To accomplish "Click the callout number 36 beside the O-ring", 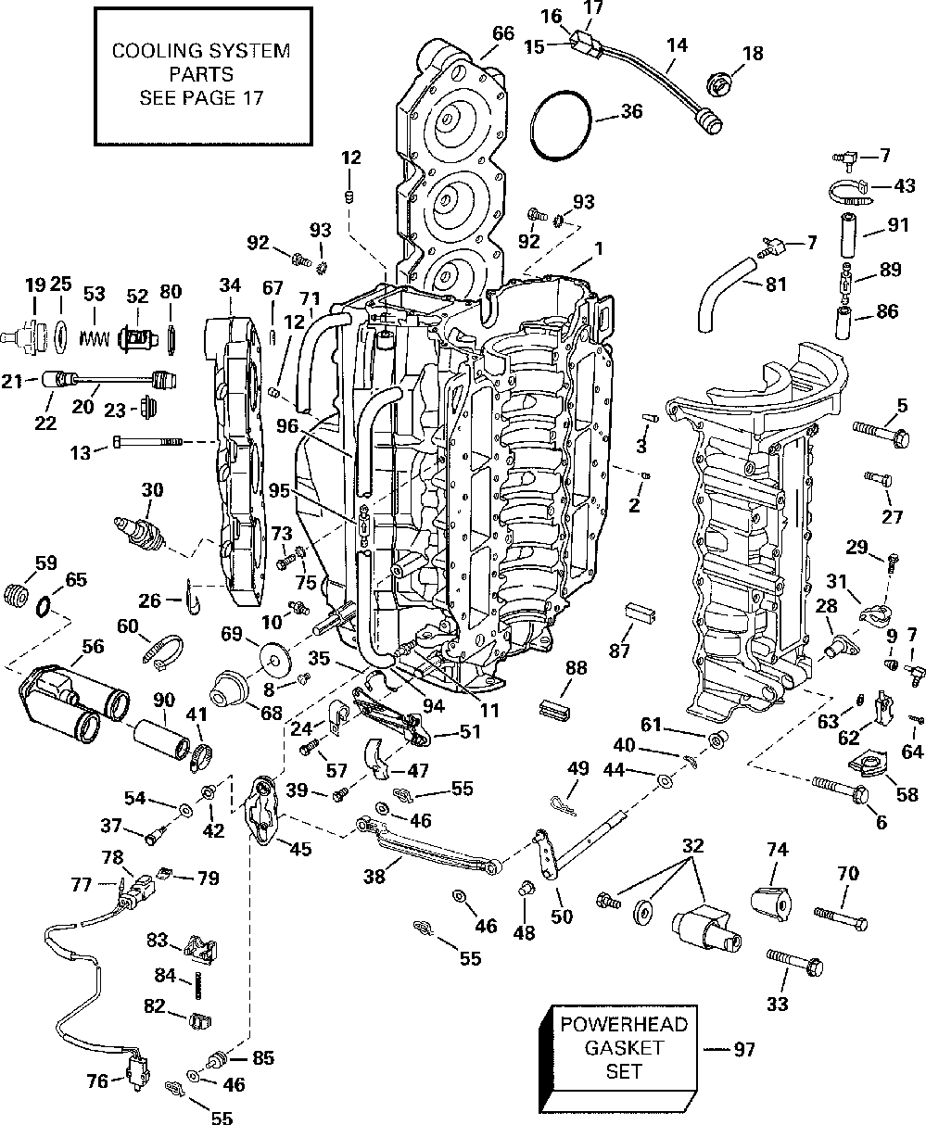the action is tap(632, 111).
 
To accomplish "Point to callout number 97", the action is tap(744, 1050).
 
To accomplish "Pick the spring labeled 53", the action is tap(95, 338).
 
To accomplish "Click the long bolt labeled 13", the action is tap(147, 442).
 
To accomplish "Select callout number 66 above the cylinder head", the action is tap(502, 33).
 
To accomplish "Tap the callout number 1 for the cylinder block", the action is tap(599, 248).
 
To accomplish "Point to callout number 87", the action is tap(619, 651).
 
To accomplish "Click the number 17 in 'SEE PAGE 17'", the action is tap(254, 98).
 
